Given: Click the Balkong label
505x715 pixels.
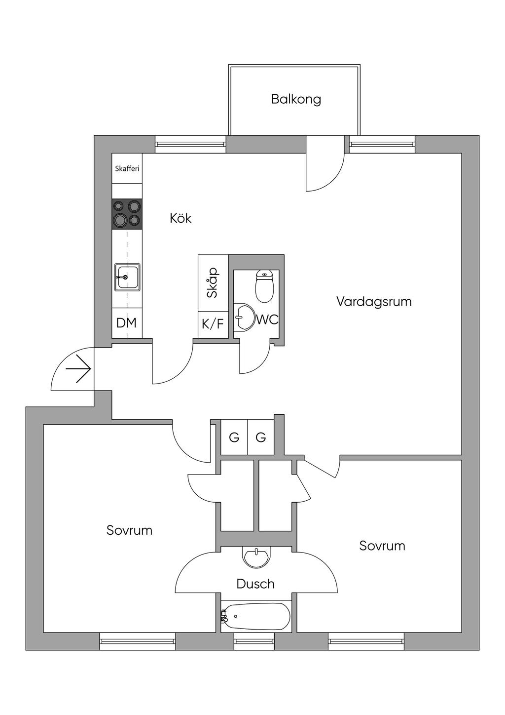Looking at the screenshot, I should coord(296,99).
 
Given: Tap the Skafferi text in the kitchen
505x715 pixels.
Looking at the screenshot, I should coord(127,168).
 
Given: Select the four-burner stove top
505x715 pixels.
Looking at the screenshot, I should coord(127,213).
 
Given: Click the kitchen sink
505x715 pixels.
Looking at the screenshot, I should coord(127,278).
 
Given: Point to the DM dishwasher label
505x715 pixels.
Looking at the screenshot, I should coord(126,323).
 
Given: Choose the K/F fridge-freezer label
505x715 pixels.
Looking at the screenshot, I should coord(213,324).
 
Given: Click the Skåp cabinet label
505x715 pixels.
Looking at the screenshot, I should coord(213,282).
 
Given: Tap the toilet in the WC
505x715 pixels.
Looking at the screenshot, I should coord(264,286).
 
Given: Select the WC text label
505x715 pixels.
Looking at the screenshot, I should coord(267,319).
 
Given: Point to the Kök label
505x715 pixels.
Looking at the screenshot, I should coord(180,218).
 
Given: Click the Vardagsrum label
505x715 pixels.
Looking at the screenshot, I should coord(374,302).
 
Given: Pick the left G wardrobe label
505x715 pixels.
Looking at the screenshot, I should coord(234,437).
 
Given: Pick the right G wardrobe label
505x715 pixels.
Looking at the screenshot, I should coord(261,437).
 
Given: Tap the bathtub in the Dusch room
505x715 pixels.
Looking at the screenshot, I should coord(255,616).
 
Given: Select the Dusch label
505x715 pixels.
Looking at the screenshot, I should coord(255,584).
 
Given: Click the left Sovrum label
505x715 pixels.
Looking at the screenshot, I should coord(129,530).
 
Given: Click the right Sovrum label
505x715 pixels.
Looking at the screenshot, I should coord(382,546).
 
